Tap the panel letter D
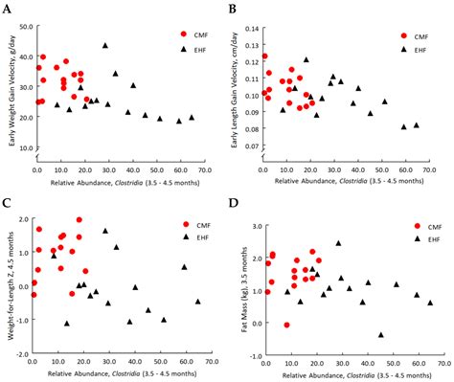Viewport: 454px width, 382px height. click(x=233, y=204)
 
